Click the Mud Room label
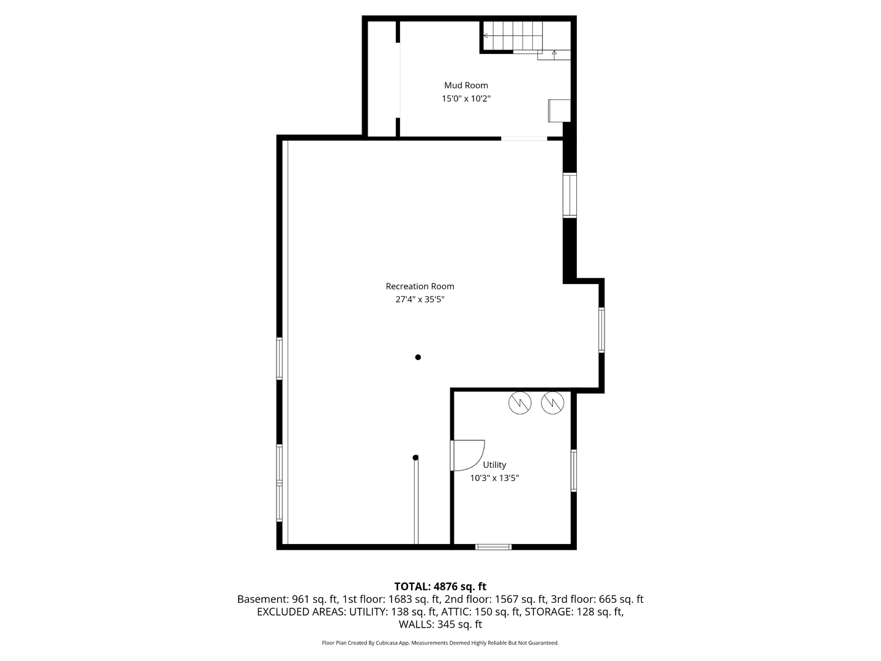[466, 85]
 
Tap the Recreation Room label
[420, 286]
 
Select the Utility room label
[494, 465]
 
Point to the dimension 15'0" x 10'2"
[466, 99]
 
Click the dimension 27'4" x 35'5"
[420, 299]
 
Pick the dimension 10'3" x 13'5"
[494, 478]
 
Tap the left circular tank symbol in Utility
[520, 403]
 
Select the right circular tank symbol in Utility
[552, 403]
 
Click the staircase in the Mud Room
[513, 36]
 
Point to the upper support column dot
[418, 357]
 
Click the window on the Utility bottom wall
[493, 547]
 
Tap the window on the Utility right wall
[573, 471]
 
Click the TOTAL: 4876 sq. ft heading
[440, 586]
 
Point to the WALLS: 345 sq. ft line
[440, 624]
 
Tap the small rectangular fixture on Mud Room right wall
[559, 110]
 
